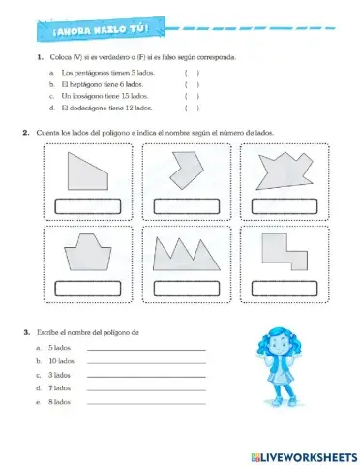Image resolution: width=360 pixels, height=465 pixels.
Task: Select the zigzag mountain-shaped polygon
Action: click(187, 254)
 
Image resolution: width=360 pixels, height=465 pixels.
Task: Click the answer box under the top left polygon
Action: click(88, 205)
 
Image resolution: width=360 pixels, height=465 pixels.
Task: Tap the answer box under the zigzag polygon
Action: click(186, 287)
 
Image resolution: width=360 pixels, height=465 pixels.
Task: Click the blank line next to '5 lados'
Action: click(145, 348)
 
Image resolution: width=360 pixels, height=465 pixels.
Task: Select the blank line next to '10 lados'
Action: click(145, 361)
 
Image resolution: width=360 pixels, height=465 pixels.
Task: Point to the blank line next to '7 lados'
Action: click(145, 388)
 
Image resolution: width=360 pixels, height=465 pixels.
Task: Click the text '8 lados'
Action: click(59, 401)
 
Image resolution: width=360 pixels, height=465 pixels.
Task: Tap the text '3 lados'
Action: click(59, 374)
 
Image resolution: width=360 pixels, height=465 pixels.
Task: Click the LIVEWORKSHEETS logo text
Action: click(307, 455)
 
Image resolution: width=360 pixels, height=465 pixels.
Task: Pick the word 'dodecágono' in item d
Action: click(88, 109)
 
